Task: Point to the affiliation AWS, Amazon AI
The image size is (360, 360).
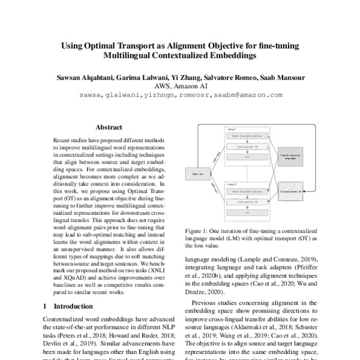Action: click(180, 86)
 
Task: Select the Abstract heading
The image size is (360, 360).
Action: click(109, 127)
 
